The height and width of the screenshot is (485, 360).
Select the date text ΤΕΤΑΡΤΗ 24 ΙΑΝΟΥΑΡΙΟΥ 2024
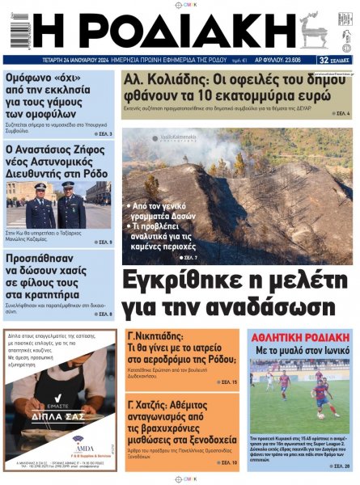click(78, 60)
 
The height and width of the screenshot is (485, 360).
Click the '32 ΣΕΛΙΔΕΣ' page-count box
click(335, 60)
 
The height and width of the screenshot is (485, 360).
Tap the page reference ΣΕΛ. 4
click(341, 114)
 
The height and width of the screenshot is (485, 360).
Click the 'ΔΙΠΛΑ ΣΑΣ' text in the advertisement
click(57, 420)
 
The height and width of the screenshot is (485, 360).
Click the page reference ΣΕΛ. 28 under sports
click(341, 466)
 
